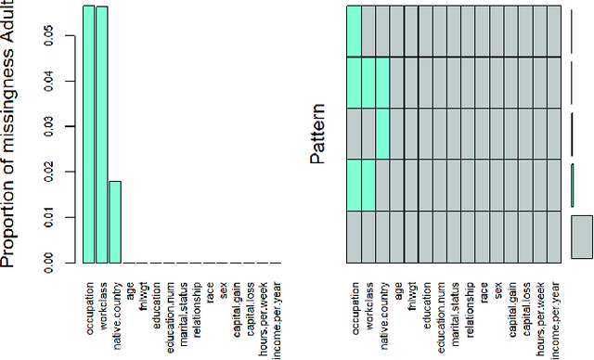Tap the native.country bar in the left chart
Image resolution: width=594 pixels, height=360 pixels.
pos(115,222)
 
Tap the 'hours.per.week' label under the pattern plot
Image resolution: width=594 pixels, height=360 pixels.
pos(541,306)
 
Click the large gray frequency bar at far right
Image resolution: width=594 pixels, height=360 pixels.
pos(582,236)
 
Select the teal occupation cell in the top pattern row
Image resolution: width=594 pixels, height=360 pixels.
pos(355,31)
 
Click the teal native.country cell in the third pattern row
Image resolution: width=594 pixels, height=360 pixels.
pos(381,134)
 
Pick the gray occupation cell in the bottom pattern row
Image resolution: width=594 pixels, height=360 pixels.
pos(355,237)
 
